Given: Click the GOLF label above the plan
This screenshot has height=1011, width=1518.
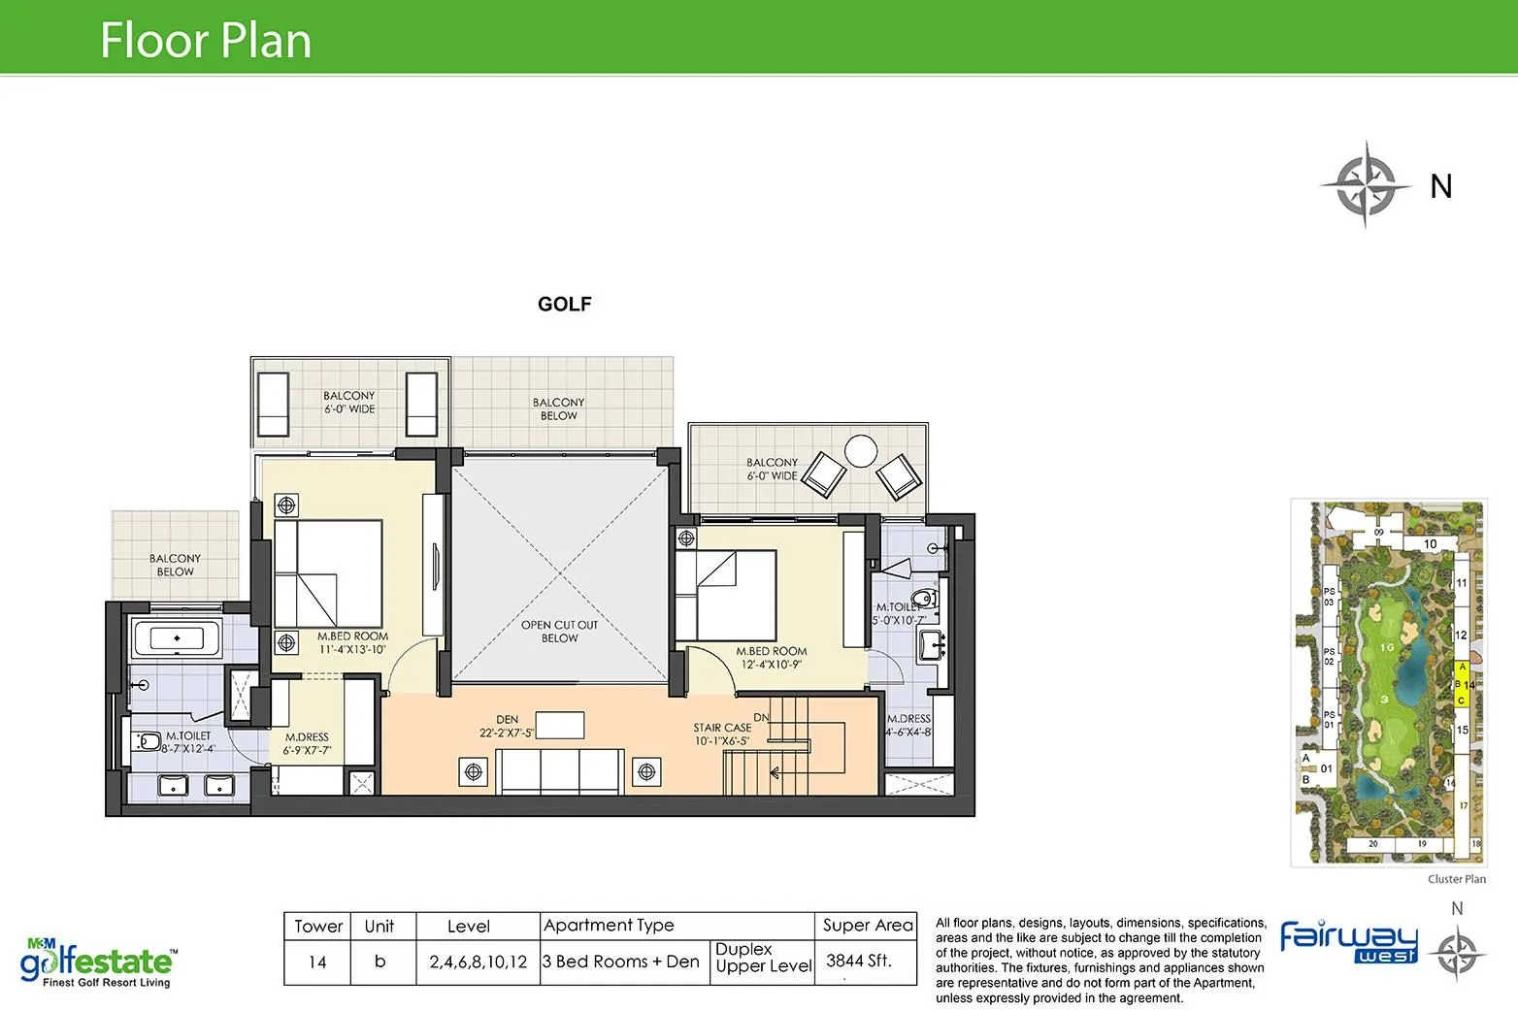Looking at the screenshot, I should coord(564,305).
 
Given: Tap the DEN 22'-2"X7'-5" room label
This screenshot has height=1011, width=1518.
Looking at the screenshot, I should coord(507,727).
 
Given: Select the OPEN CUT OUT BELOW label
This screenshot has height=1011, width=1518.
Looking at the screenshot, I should coord(559,632).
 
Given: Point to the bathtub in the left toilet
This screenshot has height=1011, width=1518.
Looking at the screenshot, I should coord(177,638).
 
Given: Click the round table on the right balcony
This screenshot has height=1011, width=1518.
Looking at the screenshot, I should coord(860,450).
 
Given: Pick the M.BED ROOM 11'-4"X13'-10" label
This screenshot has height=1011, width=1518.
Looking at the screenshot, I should coord(352,643).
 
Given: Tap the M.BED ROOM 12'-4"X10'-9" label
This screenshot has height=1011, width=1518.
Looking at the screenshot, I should coord(771,658).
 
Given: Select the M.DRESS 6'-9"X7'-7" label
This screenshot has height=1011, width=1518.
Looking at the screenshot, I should coord(307,743).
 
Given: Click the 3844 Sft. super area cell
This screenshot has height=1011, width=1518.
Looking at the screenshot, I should coord(859,961).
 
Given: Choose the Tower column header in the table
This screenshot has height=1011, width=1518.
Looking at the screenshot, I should coord(318,926).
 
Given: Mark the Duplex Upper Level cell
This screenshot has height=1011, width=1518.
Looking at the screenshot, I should coord(763,958).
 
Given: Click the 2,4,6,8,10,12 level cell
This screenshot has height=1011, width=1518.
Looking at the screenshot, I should coord(478,962).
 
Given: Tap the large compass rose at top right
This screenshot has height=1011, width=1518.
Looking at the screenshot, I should coord(1365,184).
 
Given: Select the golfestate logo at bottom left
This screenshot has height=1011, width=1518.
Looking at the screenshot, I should coord(97,962).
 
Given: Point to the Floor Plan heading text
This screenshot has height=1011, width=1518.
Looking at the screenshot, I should coord(206,41).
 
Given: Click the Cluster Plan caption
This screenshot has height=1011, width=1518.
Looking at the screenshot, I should coord(1456,879).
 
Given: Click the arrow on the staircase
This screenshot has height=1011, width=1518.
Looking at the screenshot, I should coord(776,773).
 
